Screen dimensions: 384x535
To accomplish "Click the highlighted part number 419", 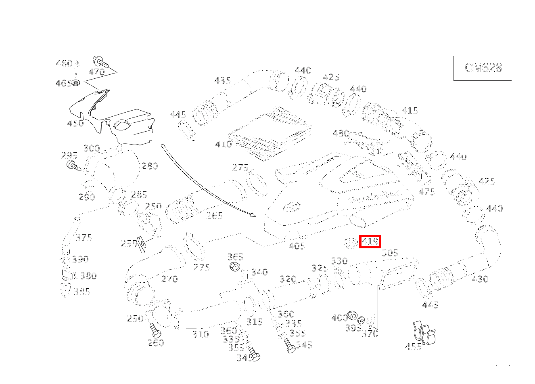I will pyautogui.click(x=370, y=242).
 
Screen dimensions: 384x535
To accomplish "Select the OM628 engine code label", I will pyautogui.click(x=483, y=68).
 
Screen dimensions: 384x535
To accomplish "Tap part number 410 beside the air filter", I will pyautogui.click(x=223, y=144).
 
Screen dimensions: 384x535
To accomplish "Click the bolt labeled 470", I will pyautogui.click(x=100, y=63).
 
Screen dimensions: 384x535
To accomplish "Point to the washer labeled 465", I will pyautogui.click(x=76, y=83).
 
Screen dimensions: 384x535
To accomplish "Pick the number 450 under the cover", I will pyautogui.click(x=75, y=123).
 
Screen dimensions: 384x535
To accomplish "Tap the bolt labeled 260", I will pyautogui.click(x=155, y=332).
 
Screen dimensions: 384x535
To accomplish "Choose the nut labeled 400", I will pyautogui.click(x=352, y=315).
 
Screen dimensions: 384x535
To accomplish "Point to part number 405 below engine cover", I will pyautogui.click(x=297, y=246).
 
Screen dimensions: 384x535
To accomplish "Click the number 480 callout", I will pyautogui.click(x=341, y=133).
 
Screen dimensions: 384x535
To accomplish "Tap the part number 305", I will pyautogui.click(x=390, y=253).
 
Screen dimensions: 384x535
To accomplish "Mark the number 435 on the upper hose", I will pyautogui.click(x=222, y=80).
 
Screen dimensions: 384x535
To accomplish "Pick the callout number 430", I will pyautogui.click(x=480, y=279).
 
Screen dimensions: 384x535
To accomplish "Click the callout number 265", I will pyautogui.click(x=214, y=216).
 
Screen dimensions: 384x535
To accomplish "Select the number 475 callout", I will pyautogui.click(x=426, y=192).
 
